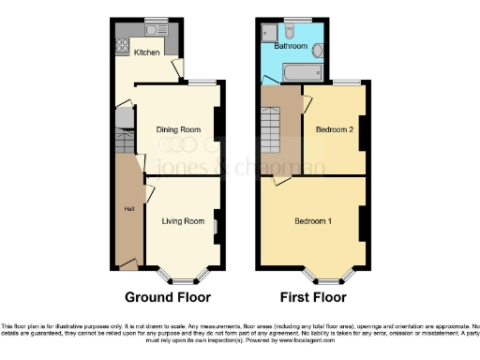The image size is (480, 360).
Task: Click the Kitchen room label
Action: click(146, 52)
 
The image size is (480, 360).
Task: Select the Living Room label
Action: click(183, 221)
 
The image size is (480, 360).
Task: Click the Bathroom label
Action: click(291, 45)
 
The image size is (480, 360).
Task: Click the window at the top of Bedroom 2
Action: click(347, 83)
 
